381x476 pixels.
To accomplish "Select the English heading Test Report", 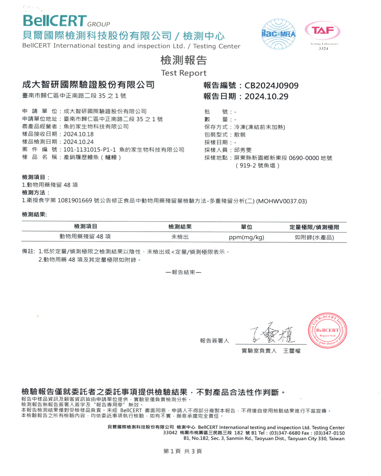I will [184, 73].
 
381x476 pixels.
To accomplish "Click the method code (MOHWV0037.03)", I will [282, 201].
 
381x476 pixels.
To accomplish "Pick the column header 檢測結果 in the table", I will [180, 227].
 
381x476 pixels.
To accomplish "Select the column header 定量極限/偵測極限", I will [314, 227].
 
